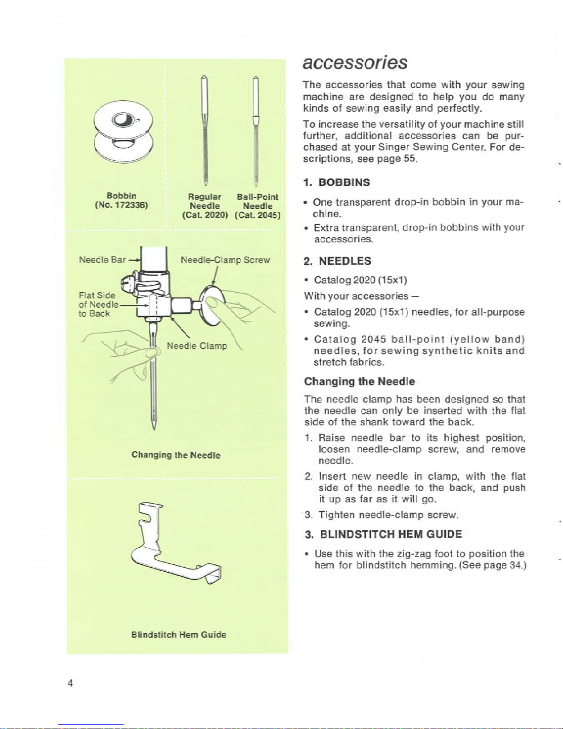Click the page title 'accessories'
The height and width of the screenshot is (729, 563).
point(355,62)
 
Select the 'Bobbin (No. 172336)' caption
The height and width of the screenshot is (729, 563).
point(122,200)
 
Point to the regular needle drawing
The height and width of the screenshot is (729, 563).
point(205,131)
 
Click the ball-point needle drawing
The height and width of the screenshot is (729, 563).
point(256,131)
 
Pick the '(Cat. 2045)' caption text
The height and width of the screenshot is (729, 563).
point(258,215)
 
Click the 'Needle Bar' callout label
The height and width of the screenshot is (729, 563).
point(102,260)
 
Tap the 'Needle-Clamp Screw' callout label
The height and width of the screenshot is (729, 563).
point(225,260)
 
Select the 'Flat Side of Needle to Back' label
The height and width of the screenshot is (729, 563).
point(98,304)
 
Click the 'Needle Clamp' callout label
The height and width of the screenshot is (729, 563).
point(197,345)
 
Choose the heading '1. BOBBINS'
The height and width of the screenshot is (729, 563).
point(336,182)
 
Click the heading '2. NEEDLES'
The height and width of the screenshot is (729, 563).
point(337,261)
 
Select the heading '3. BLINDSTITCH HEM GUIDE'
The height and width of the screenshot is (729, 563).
point(383,534)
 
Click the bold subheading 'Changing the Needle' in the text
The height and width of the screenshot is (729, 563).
point(359,381)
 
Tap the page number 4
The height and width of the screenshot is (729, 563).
point(70,683)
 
